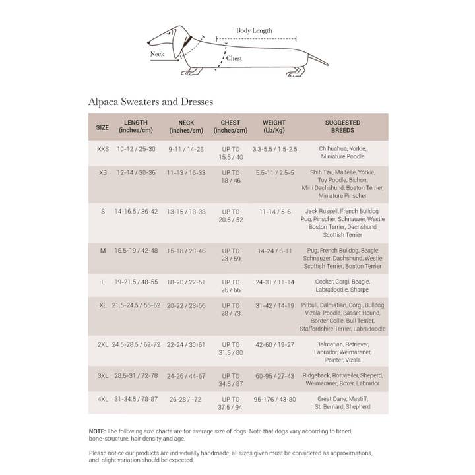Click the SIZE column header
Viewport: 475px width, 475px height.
[x=102, y=127]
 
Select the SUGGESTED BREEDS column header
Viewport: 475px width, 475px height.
[x=342, y=126]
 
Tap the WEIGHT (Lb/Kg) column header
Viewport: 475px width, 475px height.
[x=274, y=126]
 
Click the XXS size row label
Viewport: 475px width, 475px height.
[x=103, y=149]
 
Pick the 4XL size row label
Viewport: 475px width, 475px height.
[x=103, y=399]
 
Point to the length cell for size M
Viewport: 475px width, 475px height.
[x=136, y=251]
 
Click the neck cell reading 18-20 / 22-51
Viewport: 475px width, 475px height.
[x=186, y=282]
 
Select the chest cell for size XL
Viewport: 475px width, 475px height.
[x=231, y=310]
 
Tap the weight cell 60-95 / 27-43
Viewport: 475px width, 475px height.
[x=274, y=375]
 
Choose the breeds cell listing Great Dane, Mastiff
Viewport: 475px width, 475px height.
[x=343, y=403]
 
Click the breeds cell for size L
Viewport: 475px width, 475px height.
[x=343, y=286]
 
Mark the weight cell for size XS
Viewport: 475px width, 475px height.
[x=274, y=173]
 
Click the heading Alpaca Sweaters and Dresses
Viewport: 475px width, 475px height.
[x=150, y=102]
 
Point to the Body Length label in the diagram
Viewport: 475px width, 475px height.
[x=254, y=30]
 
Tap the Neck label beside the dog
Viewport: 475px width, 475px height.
[x=157, y=54]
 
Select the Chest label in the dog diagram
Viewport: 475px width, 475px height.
[x=234, y=59]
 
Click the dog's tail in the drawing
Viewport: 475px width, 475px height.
[x=317, y=59]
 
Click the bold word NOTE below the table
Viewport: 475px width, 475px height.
[x=97, y=431]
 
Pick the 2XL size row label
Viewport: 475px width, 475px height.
[x=103, y=344]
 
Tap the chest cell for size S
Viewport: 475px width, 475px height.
[x=231, y=216]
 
